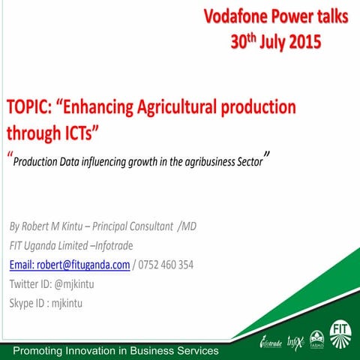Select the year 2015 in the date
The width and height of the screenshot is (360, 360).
304,40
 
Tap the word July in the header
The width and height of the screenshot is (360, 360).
269,40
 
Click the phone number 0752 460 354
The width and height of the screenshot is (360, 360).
166,264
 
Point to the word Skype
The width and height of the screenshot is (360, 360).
23,303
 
